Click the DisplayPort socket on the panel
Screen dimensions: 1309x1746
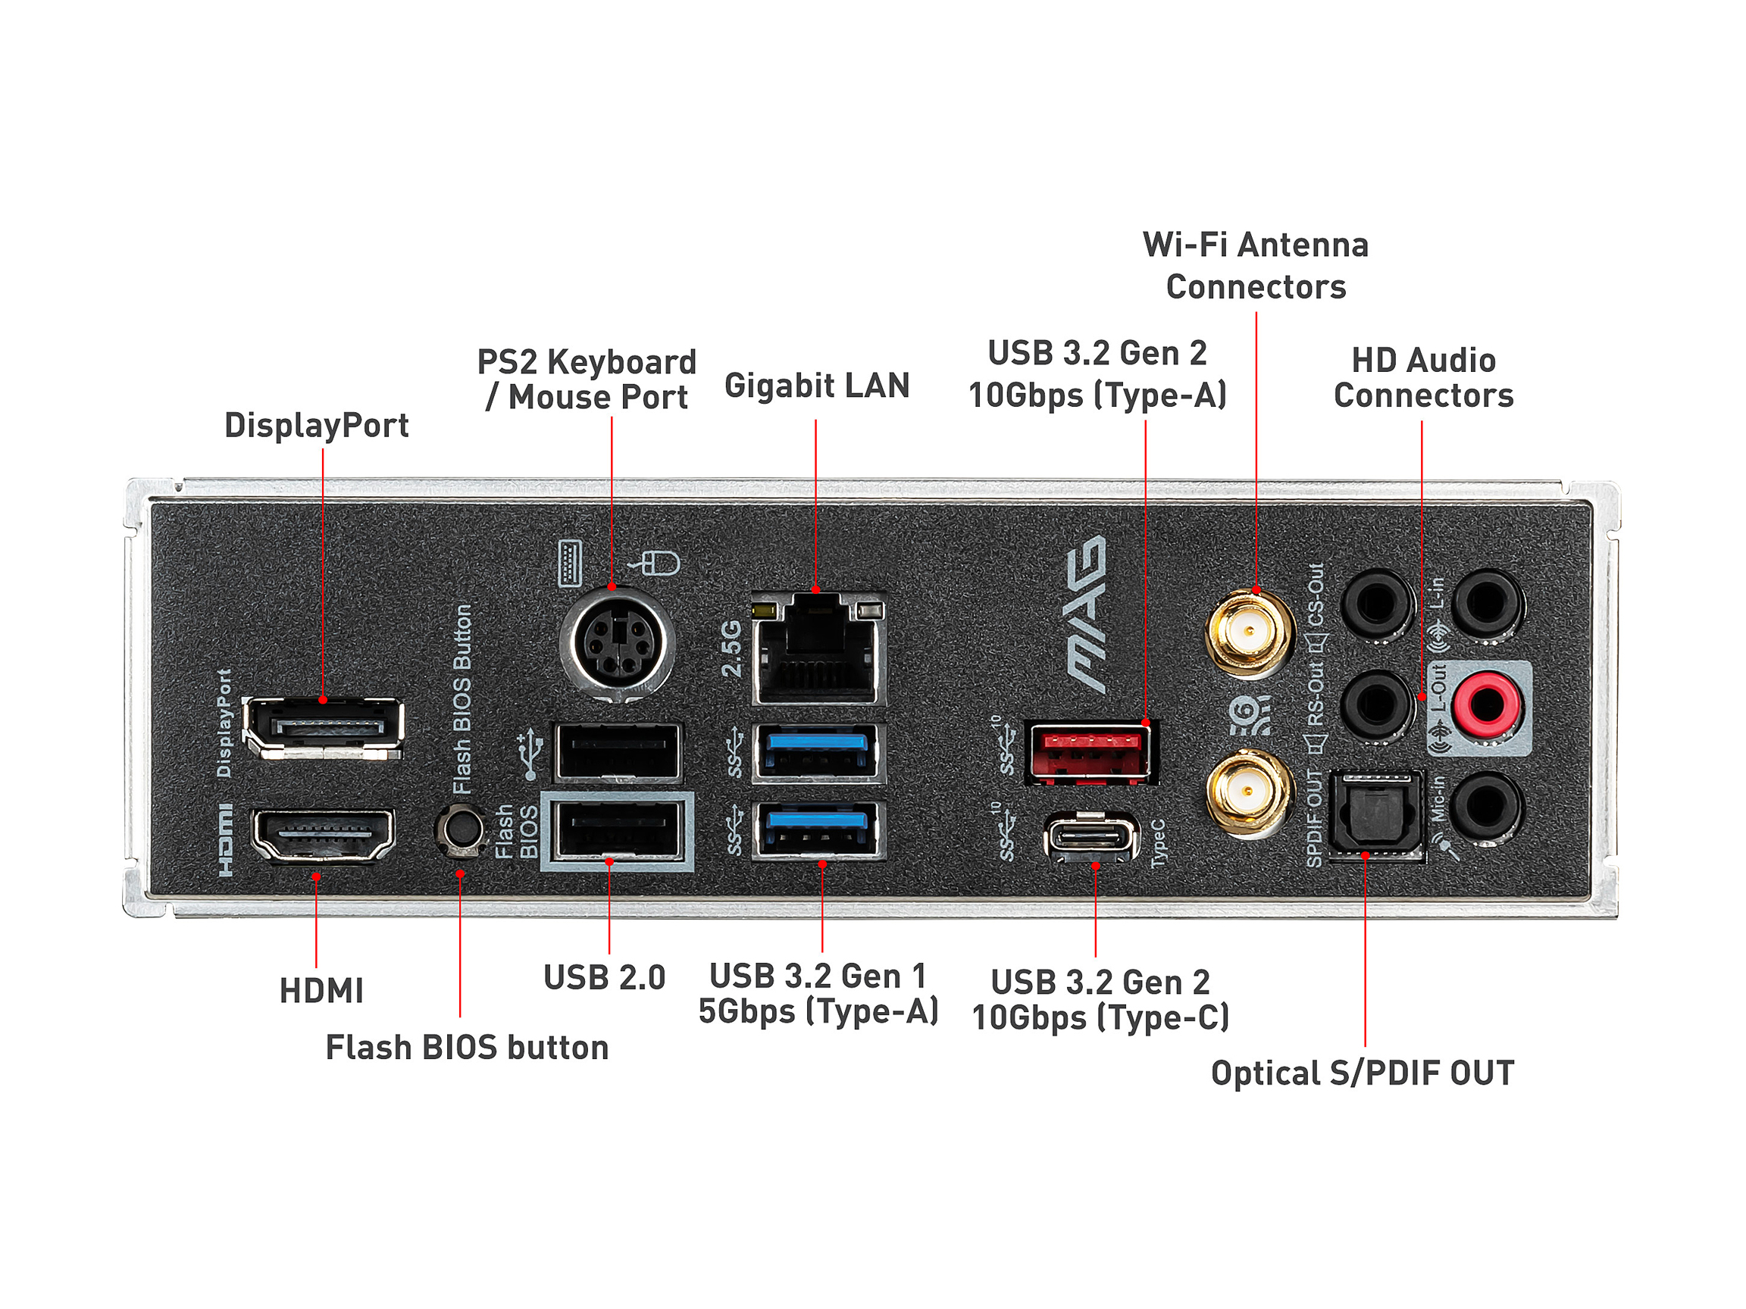point(324,727)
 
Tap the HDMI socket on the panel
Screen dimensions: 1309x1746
point(322,835)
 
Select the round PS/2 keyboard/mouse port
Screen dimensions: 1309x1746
point(616,643)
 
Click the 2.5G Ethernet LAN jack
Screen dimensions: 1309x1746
point(818,650)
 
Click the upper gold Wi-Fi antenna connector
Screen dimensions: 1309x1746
point(1250,632)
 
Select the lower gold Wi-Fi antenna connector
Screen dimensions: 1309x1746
point(1249,792)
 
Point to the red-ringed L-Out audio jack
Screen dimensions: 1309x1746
point(1486,704)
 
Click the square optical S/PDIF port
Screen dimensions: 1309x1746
point(1375,814)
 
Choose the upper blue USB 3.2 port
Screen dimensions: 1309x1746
point(818,753)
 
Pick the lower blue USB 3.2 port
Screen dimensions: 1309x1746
point(818,829)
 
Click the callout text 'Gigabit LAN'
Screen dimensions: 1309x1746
point(817,386)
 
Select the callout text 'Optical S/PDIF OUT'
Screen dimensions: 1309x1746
point(1363,1073)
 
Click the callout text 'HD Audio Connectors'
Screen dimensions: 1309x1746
point(1423,378)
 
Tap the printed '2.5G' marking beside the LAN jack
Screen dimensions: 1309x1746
point(732,648)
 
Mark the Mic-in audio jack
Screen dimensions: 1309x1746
point(1486,808)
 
